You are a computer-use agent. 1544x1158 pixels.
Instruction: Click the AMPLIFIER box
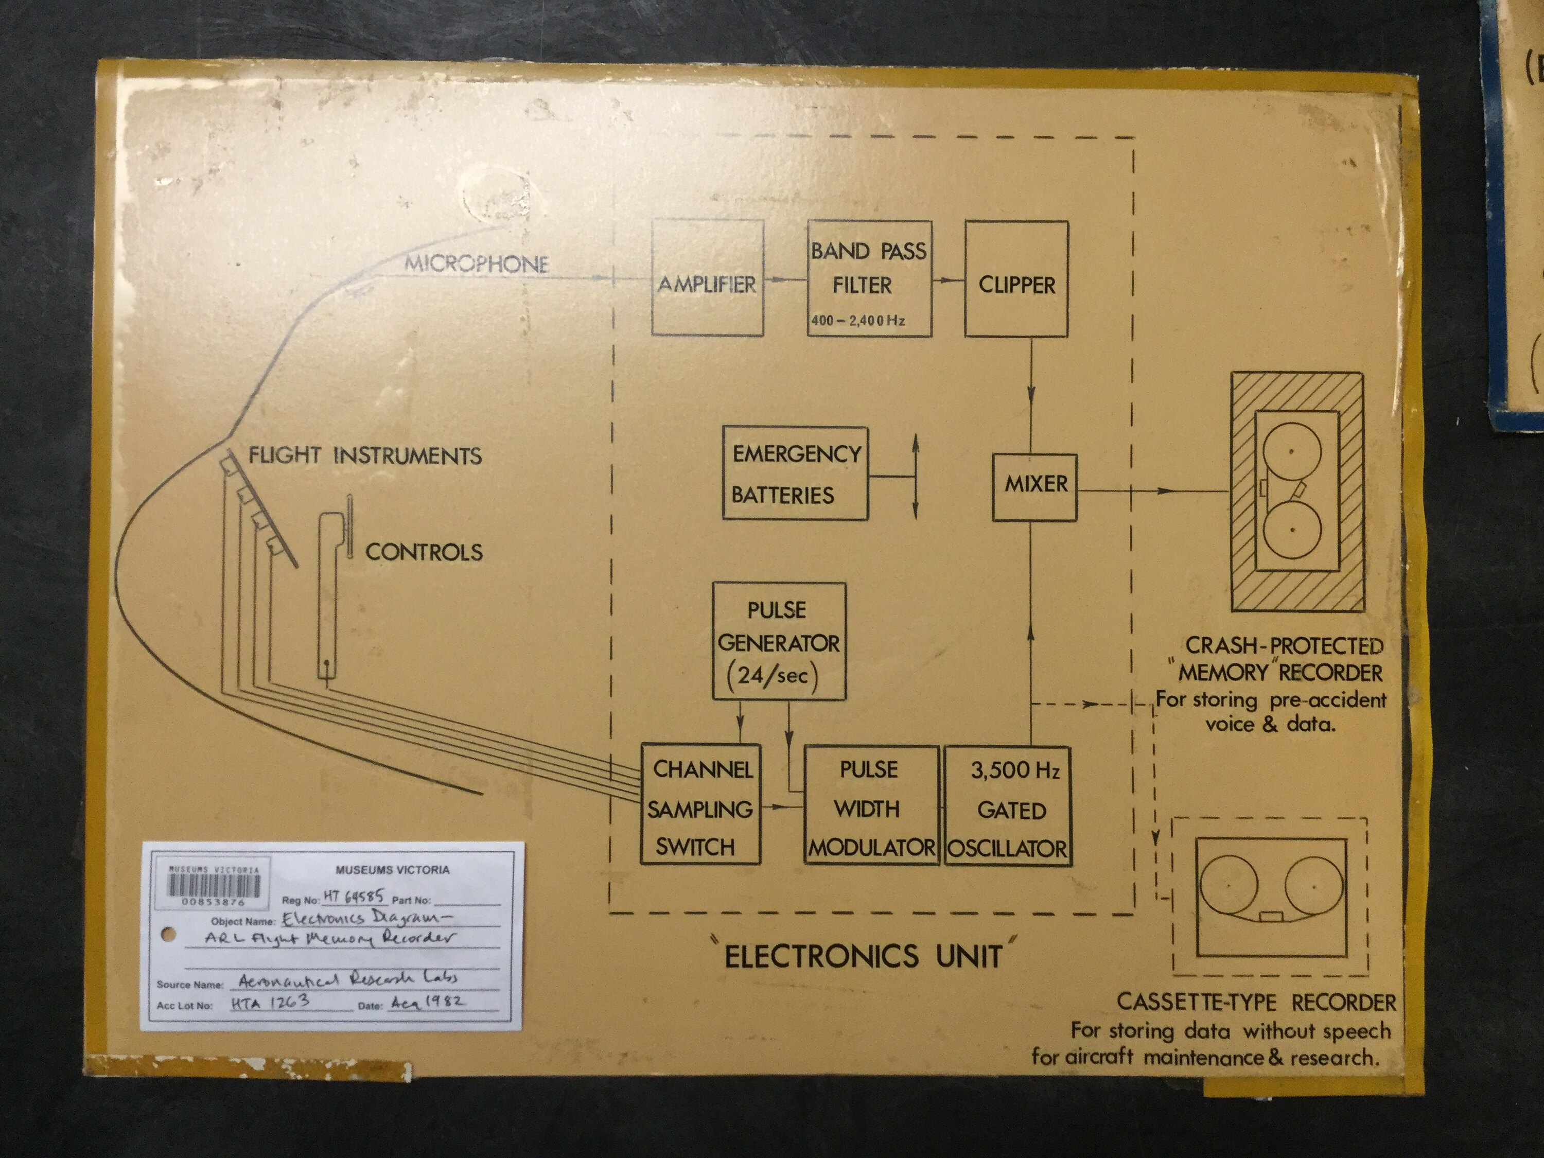point(707,278)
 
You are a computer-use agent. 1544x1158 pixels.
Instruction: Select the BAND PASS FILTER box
point(869,278)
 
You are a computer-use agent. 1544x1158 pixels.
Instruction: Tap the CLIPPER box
point(1016,279)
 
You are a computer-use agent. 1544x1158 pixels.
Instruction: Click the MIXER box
point(1035,486)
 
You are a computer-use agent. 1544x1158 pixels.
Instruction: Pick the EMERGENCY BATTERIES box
point(795,473)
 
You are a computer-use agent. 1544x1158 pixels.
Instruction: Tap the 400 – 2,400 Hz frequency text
point(858,321)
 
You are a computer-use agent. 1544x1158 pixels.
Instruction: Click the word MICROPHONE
point(477,264)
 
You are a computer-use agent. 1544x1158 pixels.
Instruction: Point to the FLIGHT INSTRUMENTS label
point(365,456)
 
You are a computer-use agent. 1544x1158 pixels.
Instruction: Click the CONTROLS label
point(424,552)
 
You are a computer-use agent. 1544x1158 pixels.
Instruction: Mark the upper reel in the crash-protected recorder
point(1291,451)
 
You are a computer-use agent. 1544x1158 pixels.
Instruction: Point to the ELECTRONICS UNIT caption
point(864,956)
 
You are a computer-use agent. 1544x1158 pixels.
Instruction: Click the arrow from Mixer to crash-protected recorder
point(1152,490)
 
